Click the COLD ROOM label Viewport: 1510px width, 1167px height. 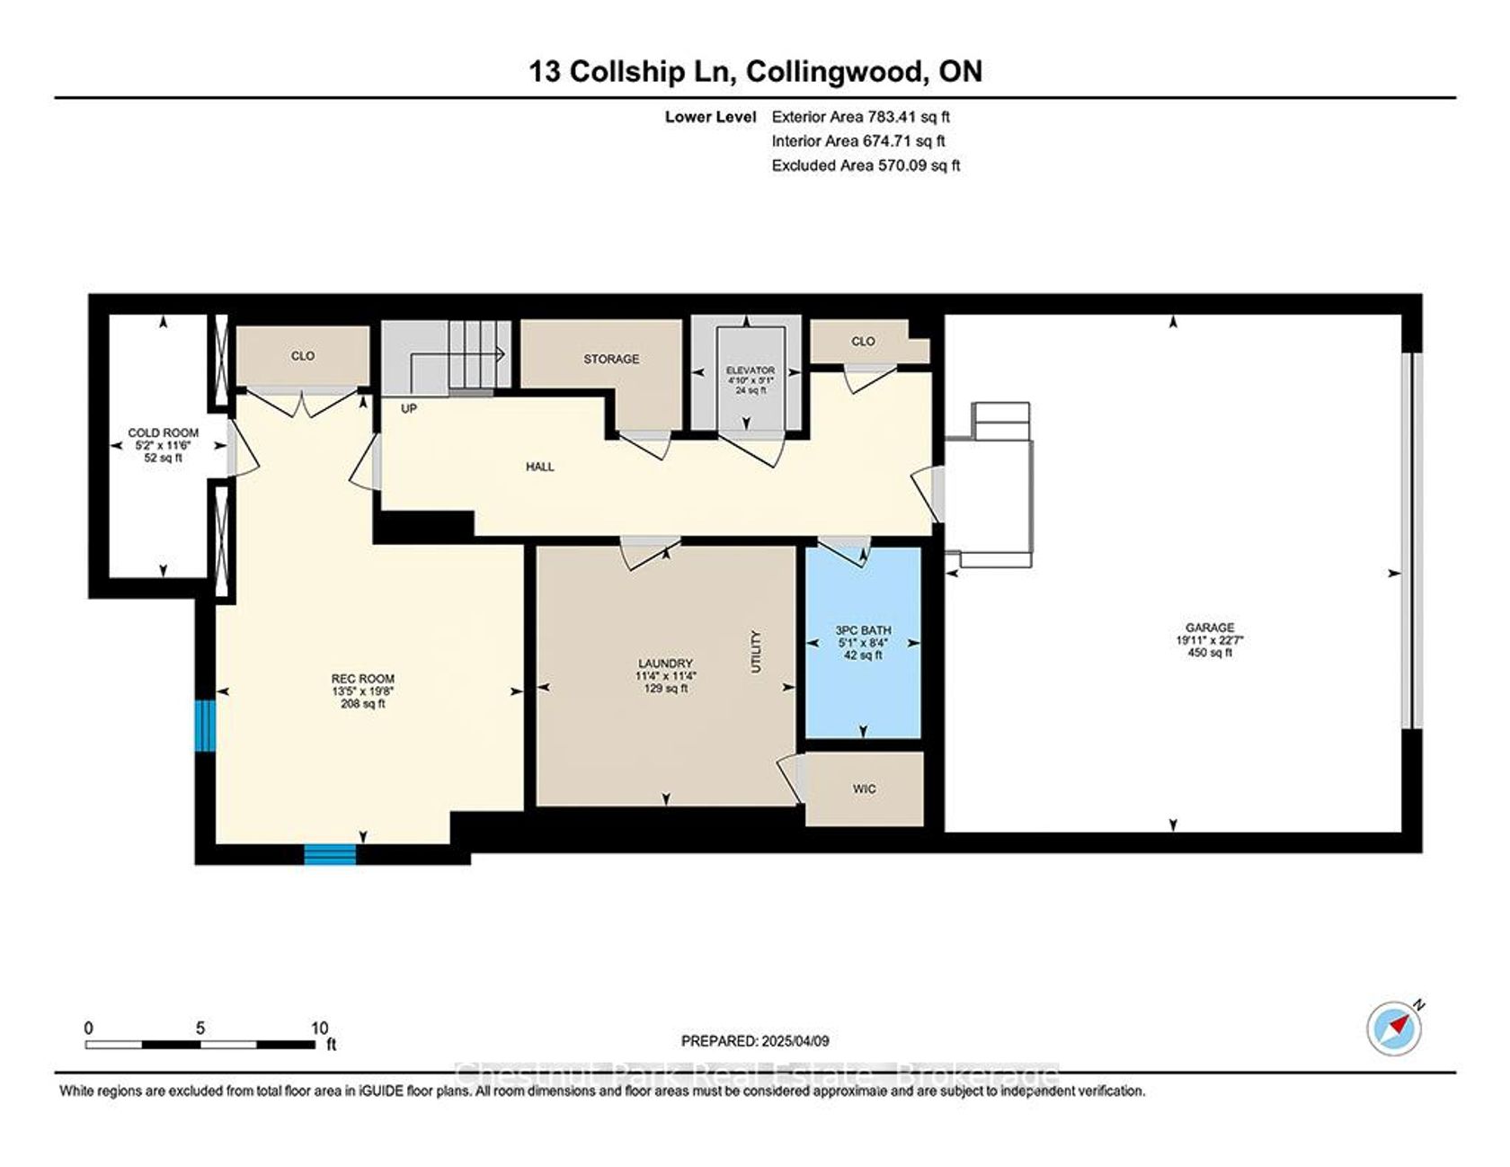(163, 432)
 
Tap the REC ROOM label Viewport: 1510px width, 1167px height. (363, 679)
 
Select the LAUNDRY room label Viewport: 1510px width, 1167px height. (666, 664)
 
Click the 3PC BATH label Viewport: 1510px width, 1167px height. (863, 630)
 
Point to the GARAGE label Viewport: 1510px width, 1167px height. (1209, 628)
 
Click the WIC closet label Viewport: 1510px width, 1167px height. (864, 788)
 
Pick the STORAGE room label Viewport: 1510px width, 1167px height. (611, 359)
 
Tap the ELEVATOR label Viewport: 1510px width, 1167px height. (751, 370)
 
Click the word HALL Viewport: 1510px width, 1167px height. (540, 467)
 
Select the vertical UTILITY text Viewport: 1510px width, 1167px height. (756, 651)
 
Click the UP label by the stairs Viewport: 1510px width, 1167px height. (409, 408)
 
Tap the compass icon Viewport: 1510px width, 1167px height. (1395, 1029)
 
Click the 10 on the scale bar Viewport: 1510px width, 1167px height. (319, 1028)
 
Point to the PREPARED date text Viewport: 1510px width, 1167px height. (755, 1041)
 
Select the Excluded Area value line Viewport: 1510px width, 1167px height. (866, 165)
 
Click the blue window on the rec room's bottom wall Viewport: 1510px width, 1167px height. (330, 854)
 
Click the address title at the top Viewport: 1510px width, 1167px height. (755, 71)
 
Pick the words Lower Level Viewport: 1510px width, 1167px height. (710, 116)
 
